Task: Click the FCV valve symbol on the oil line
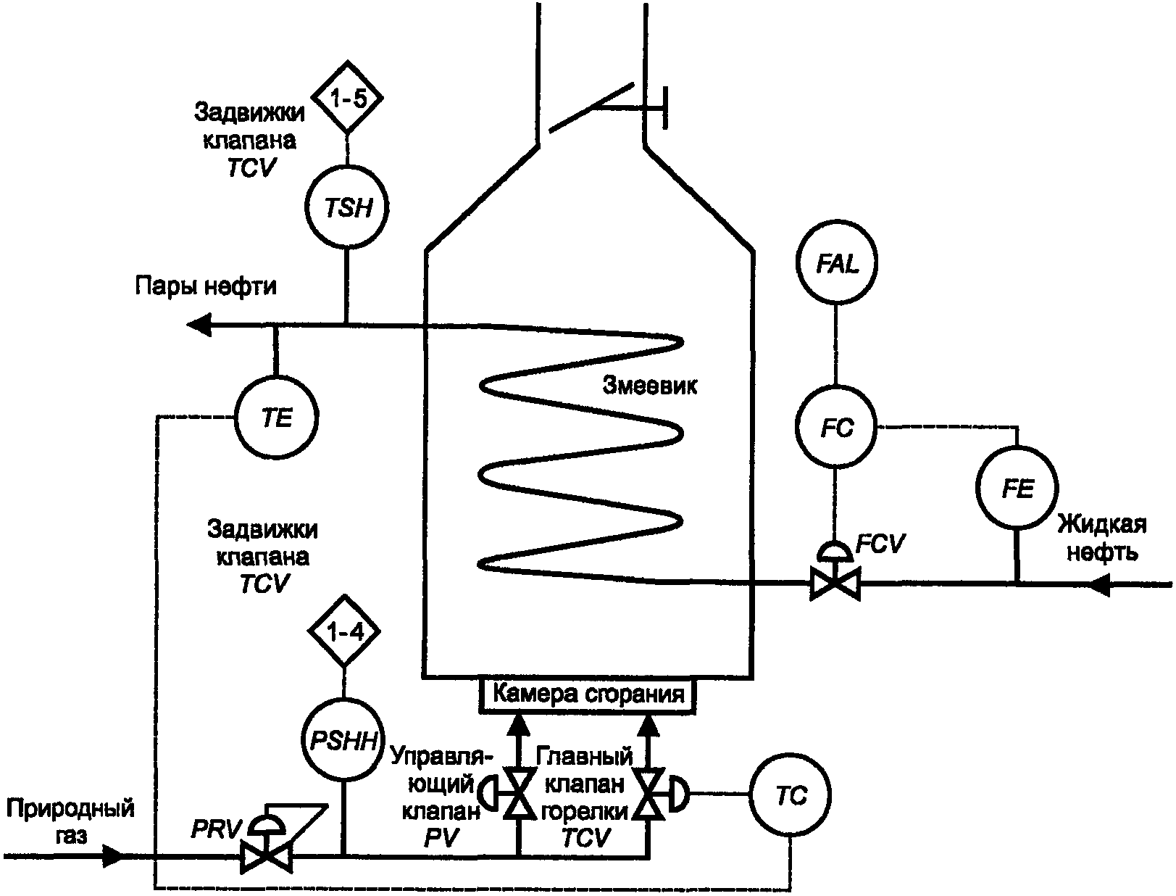point(835,572)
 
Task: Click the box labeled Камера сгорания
point(587,696)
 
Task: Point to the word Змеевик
point(650,386)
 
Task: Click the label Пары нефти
point(206,286)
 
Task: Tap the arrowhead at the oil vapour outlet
point(199,324)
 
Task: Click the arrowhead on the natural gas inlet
point(112,856)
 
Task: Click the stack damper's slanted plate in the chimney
point(591,107)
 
